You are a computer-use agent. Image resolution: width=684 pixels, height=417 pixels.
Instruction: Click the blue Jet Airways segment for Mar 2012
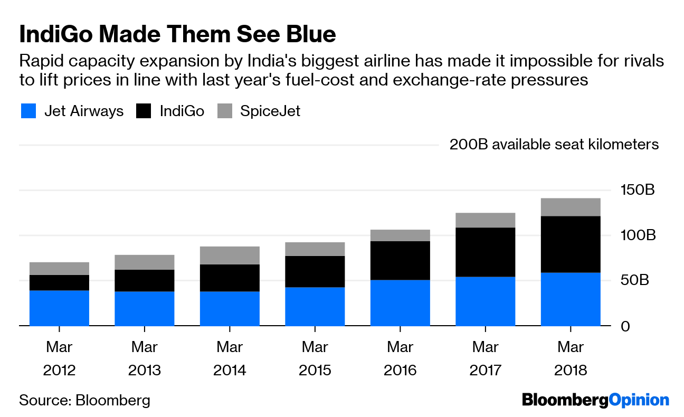click(59, 308)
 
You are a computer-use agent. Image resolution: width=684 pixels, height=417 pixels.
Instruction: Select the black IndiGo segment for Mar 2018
click(571, 244)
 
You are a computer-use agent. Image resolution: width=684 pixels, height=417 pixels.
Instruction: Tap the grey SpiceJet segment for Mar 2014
click(230, 255)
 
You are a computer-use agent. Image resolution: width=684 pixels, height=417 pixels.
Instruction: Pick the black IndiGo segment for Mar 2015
click(315, 272)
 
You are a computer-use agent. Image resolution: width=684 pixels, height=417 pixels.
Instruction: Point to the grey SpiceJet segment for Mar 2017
click(485, 220)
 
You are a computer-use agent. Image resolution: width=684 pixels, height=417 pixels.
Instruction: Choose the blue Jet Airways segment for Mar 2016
click(400, 303)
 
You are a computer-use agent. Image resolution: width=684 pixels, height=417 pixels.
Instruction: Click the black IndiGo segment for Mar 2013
click(145, 281)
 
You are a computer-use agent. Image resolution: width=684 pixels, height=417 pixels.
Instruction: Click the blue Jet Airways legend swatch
click(28, 111)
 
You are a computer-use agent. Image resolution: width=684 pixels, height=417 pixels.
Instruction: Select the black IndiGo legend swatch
click(144, 111)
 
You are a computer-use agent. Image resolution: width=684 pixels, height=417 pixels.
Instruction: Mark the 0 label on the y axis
click(626, 326)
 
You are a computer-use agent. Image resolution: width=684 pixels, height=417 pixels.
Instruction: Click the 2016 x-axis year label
click(400, 370)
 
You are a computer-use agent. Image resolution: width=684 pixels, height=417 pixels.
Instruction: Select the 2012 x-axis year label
click(59, 370)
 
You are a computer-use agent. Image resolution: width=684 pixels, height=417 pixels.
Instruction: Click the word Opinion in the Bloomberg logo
click(639, 400)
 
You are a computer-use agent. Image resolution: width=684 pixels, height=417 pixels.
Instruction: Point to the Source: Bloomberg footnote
click(84, 400)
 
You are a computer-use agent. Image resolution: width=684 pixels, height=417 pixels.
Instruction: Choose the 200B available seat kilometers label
click(554, 145)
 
